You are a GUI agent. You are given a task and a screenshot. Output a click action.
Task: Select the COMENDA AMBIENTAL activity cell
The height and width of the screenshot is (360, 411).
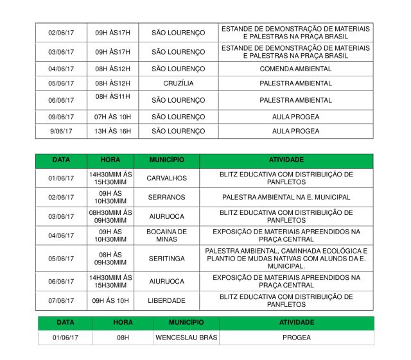click(x=295, y=69)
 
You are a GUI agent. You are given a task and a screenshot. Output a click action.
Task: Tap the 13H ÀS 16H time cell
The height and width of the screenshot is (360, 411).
click(x=112, y=131)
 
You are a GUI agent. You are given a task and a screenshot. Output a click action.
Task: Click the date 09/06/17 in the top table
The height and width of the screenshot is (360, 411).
click(x=61, y=117)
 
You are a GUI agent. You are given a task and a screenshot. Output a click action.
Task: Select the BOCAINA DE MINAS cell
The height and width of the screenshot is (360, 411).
click(x=166, y=236)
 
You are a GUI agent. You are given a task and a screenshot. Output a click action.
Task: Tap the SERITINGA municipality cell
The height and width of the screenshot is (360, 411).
click(x=166, y=258)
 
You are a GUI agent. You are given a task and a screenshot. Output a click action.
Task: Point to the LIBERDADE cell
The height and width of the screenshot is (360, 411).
click(x=166, y=300)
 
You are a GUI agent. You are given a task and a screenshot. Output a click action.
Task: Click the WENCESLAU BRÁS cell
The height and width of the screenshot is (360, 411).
click(x=186, y=337)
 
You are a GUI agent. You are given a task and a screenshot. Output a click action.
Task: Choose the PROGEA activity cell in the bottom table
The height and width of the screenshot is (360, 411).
click(x=296, y=337)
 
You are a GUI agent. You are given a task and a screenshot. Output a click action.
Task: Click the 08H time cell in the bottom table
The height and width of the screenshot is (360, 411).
click(x=123, y=337)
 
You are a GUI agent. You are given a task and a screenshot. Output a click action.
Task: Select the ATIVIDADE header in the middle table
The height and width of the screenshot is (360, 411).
click(x=286, y=160)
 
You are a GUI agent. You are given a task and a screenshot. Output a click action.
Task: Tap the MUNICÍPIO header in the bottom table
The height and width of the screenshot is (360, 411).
click(x=186, y=322)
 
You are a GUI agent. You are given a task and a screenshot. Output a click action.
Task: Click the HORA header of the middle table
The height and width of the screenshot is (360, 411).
click(x=110, y=160)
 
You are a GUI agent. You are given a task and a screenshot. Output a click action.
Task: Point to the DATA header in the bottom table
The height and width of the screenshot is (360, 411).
click(x=65, y=322)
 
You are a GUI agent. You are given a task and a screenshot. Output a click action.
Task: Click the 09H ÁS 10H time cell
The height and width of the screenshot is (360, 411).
click(x=110, y=300)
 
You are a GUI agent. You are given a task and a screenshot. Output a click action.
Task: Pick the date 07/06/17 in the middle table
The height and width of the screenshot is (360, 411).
click(x=61, y=300)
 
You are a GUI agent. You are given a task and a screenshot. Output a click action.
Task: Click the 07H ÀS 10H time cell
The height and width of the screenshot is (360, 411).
click(x=112, y=117)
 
